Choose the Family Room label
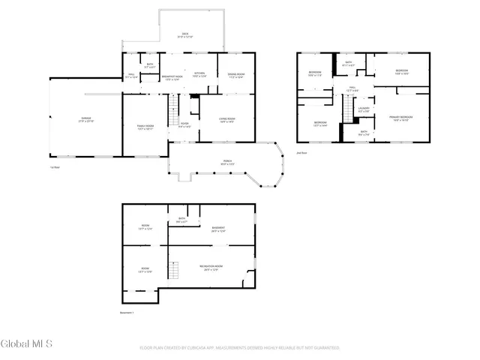(x=145, y=127)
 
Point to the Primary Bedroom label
(x=400, y=118)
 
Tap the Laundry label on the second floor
(x=364, y=109)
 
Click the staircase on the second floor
(x=348, y=110)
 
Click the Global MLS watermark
(x=27, y=344)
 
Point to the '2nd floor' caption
(x=303, y=152)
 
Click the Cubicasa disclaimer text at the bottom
(x=240, y=348)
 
